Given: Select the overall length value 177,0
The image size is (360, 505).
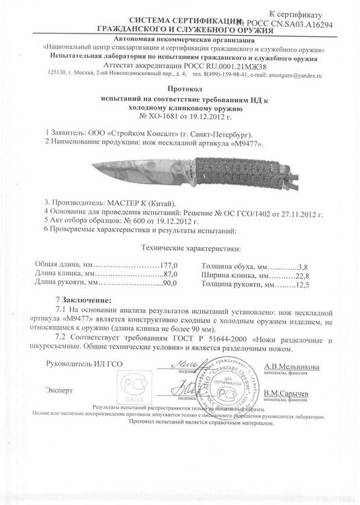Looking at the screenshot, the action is pyautogui.click(x=171, y=265).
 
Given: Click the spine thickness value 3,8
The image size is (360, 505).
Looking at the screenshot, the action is pyautogui.click(x=303, y=265).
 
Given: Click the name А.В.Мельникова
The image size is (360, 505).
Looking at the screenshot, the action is pyautogui.click(x=292, y=368).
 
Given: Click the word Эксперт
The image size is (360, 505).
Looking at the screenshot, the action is pyautogui.click(x=60, y=390).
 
